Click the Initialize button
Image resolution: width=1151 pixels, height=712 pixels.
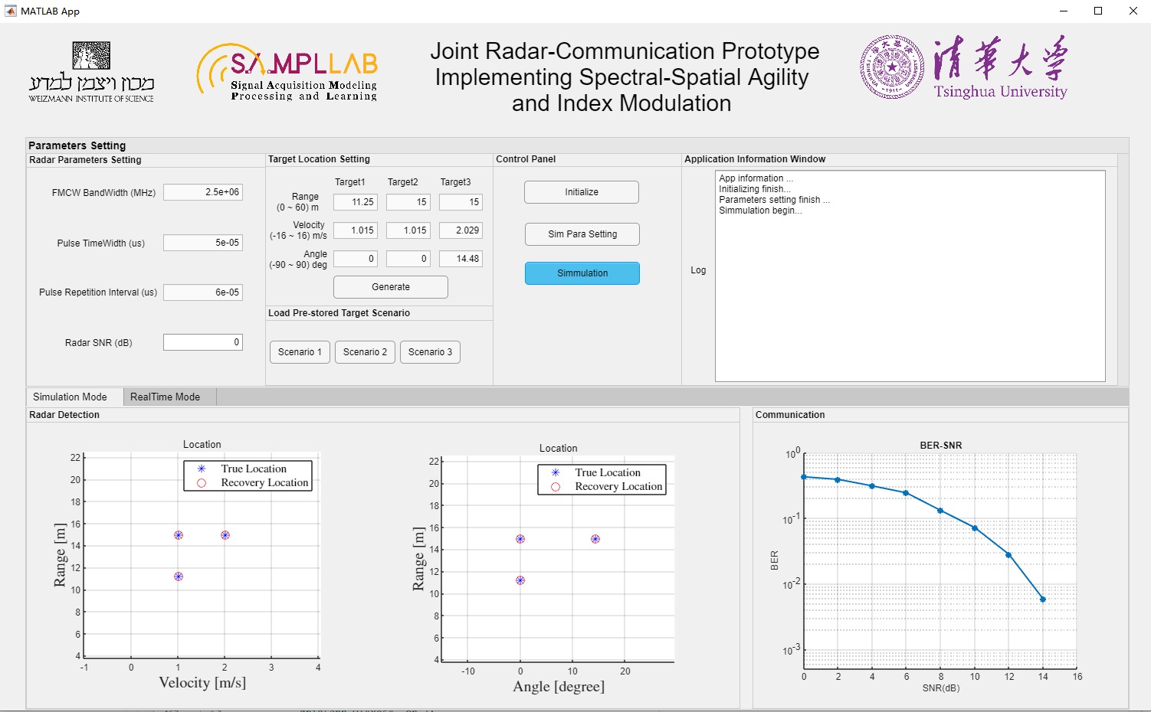coord(582,192)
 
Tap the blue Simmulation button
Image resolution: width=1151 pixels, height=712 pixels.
coord(582,273)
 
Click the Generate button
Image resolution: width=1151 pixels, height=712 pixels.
coord(391,287)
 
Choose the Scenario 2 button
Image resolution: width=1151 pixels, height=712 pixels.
coord(365,352)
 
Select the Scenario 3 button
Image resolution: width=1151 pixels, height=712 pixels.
coord(430,352)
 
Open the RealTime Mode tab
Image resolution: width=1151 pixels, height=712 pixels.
coord(165,397)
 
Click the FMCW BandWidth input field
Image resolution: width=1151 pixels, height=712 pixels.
coord(203,192)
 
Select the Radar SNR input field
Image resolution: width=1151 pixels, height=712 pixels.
coord(203,342)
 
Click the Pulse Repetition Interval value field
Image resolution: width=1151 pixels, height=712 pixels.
coord(203,292)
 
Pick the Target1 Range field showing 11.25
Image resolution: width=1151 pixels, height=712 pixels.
coord(356,202)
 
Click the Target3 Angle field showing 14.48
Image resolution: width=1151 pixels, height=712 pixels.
coord(461,259)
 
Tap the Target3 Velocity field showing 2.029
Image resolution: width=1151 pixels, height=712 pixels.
coord(461,230)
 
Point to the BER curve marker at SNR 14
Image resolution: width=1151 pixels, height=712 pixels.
coord(1043,599)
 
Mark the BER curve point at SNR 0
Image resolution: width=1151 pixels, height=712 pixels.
coord(804,477)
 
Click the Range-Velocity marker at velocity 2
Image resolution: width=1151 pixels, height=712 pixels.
coord(225,535)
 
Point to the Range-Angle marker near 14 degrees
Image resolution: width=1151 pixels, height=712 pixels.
coord(595,539)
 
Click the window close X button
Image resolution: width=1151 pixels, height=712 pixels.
coord(1133,11)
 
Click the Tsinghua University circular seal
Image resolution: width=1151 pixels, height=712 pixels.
coord(892,67)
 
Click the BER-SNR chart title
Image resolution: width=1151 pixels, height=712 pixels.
coord(940,445)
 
